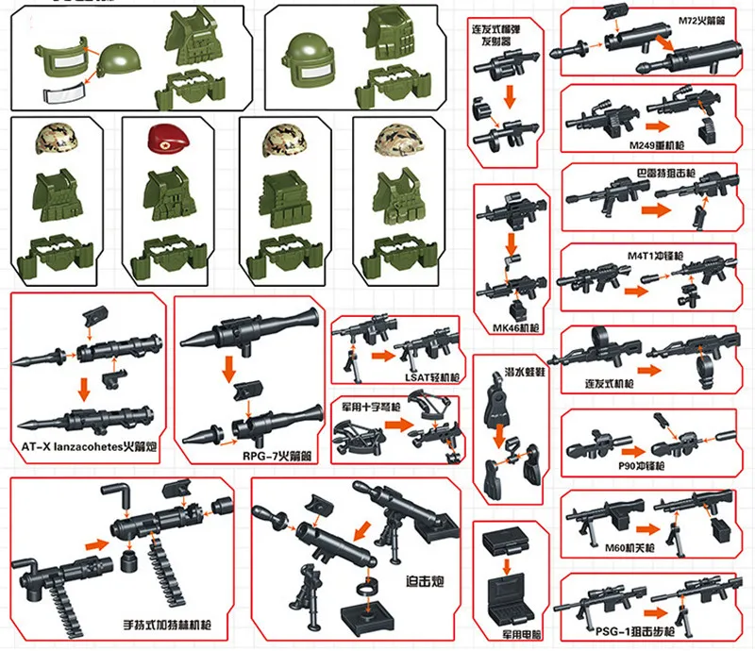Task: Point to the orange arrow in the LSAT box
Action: [x=380, y=358]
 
